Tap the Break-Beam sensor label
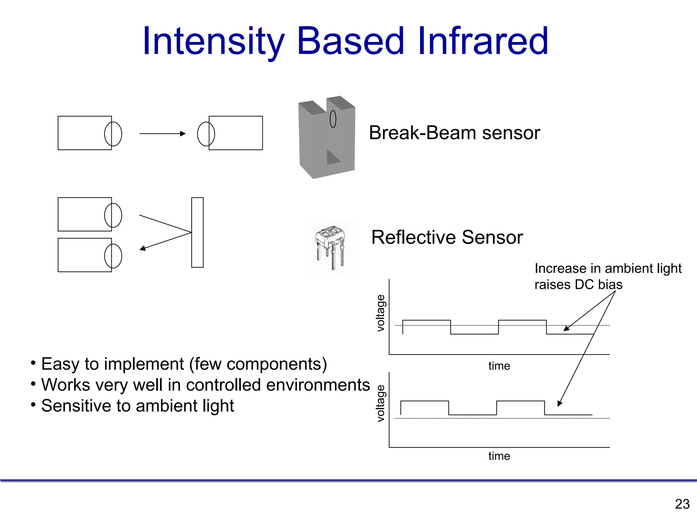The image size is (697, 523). coord(454,132)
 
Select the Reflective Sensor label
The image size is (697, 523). coord(447,237)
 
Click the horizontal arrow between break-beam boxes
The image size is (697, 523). coord(162,133)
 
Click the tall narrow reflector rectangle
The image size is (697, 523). coord(197,232)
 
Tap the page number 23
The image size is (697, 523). coord(682,504)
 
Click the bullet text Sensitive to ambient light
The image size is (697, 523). coord(137,406)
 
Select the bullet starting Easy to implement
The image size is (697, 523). coord(184,364)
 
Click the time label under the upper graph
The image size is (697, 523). coord(499,366)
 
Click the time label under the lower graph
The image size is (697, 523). coord(499,456)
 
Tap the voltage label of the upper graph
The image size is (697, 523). coord(380,313)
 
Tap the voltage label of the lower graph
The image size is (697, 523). coord(380,403)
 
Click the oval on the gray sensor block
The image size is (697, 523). coord(333,119)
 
